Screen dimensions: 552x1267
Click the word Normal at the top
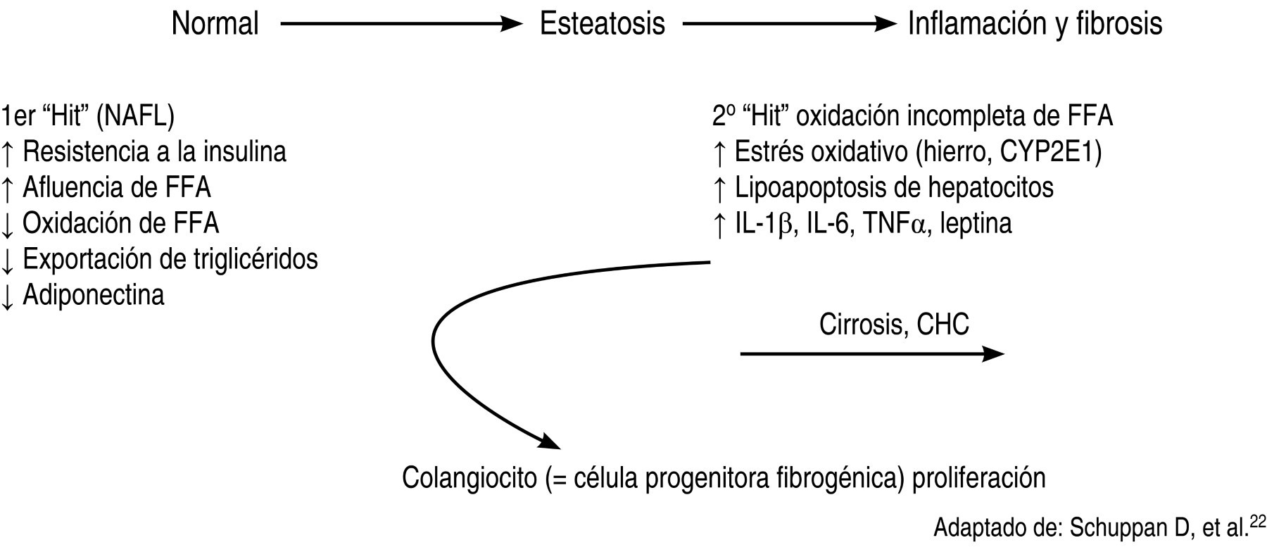(x=215, y=25)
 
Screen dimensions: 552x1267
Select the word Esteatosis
(x=602, y=25)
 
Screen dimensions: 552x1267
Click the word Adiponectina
(x=94, y=294)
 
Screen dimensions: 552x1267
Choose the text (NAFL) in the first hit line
(x=136, y=116)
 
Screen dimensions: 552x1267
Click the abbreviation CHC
(x=943, y=325)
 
